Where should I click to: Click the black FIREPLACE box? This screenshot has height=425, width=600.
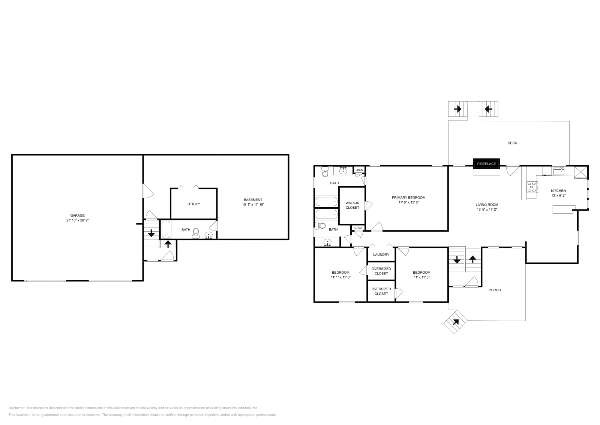pos(486,164)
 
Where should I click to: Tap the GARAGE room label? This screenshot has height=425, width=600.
pos(78,216)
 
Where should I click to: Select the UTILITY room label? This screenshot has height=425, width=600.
pos(193,204)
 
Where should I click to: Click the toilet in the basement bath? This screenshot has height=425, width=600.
pos(195,234)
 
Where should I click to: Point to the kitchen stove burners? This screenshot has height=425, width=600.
pos(532,187)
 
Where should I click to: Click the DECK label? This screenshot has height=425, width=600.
pos(512,143)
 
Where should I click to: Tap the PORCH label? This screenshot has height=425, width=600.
pos(495,290)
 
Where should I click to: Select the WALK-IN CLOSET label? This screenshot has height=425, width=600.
pos(352,205)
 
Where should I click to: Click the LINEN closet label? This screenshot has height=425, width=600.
pos(359,170)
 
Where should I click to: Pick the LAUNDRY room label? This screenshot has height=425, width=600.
pos(381,255)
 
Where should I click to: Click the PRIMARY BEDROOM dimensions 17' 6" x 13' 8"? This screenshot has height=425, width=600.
pos(408,202)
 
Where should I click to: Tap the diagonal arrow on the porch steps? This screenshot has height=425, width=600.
pos(456,322)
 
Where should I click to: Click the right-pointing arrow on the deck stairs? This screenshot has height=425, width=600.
pos(457,109)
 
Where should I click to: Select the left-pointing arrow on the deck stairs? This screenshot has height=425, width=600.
pos(488,109)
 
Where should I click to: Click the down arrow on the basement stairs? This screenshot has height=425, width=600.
pos(151,234)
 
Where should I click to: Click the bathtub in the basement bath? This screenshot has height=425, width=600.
pos(166,229)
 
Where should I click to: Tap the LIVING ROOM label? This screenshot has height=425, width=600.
pos(487,205)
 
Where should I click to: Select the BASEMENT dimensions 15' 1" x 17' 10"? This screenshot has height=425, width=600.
pos(253,205)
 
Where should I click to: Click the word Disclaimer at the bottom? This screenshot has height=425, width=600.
pos(16,408)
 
